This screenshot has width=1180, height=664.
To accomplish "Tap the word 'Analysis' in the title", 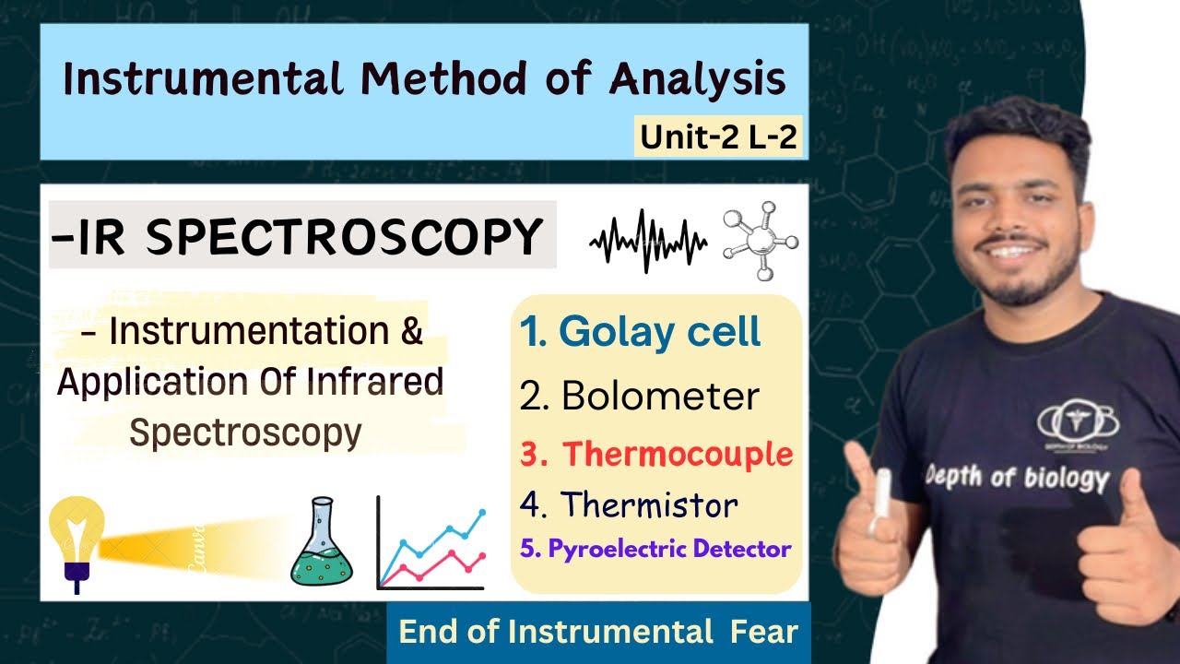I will (x=697, y=79).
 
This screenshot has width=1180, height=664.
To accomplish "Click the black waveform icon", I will (x=648, y=242).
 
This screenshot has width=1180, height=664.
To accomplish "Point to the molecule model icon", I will (x=761, y=242).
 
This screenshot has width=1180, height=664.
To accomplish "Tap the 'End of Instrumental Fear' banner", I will (x=597, y=633).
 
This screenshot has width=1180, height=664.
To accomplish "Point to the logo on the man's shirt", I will (x=1077, y=424).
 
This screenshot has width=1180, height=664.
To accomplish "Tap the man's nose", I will (x=1019, y=214).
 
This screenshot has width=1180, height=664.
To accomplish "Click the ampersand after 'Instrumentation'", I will (x=411, y=331).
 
